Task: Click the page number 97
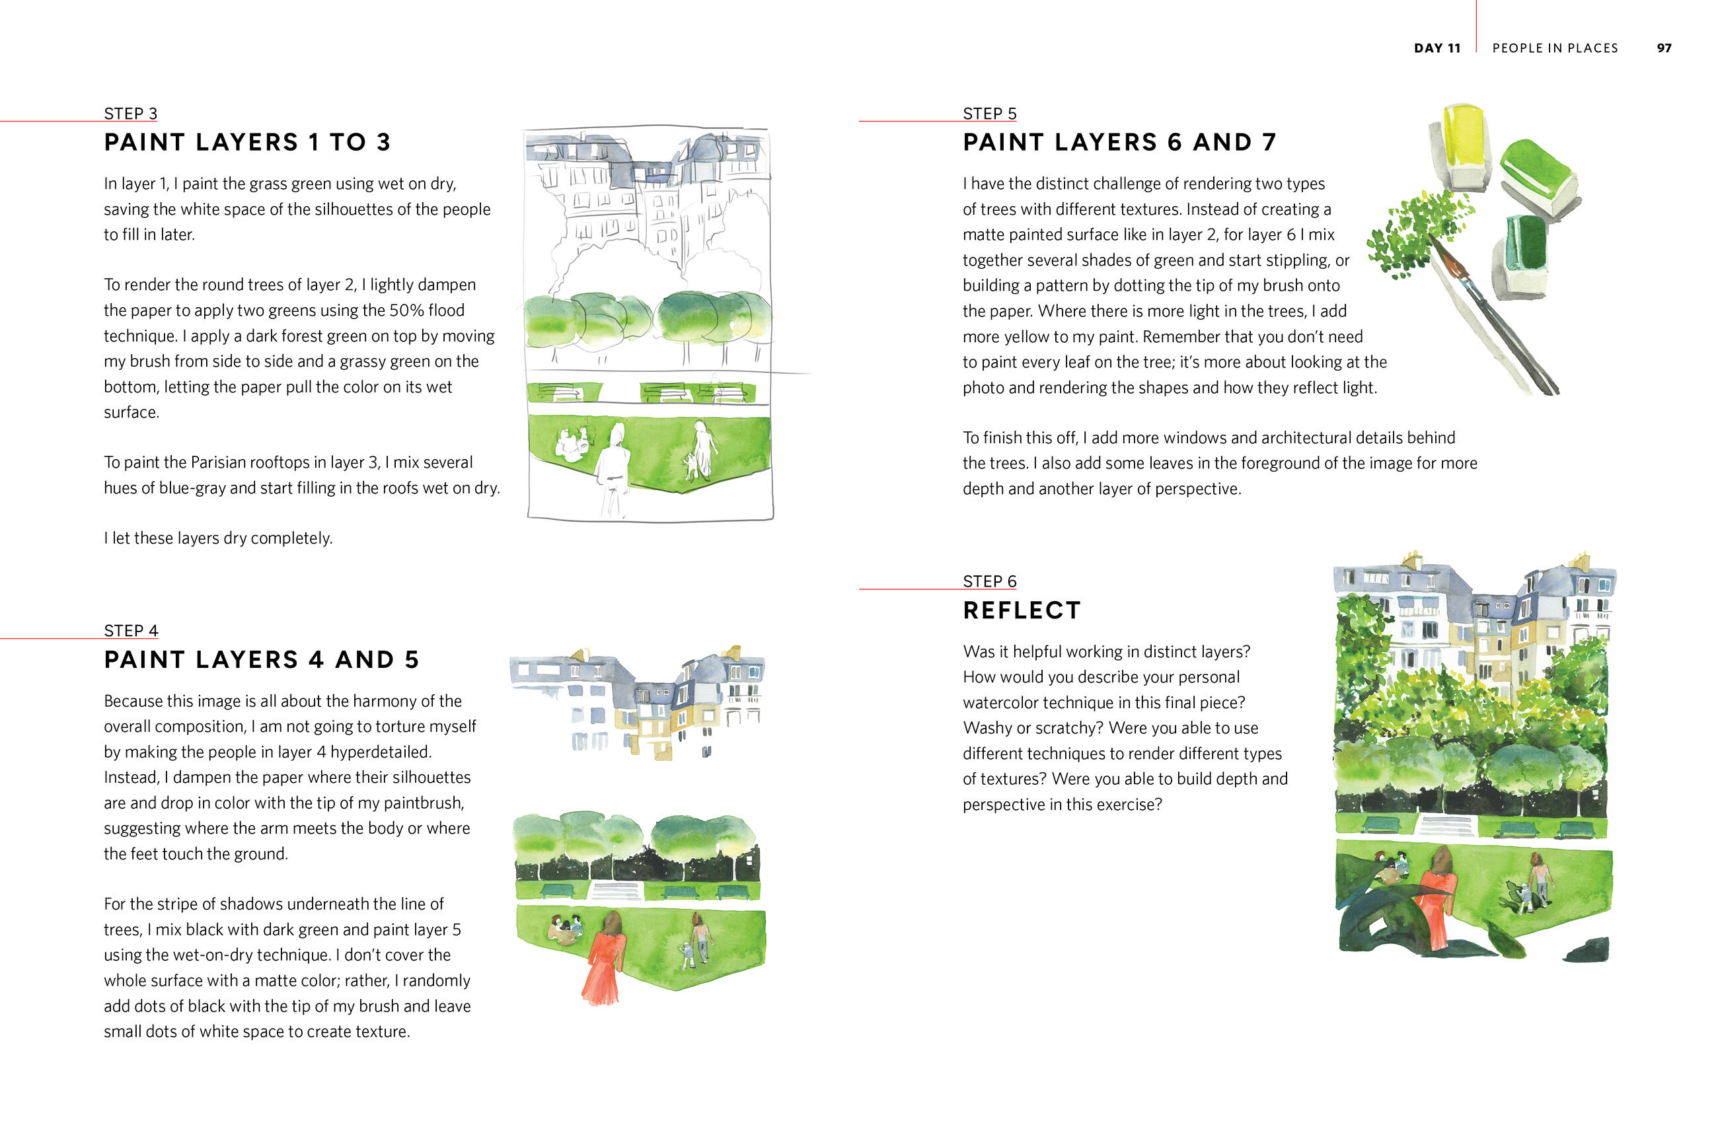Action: coord(1664,48)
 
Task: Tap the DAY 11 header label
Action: coord(1437,48)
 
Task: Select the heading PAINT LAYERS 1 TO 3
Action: coord(247,142)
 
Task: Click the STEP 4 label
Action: coord(131,631)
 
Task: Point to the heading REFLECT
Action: coord(1022,610)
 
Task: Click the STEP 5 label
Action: coord(989,114)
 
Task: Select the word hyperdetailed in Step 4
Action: coord(381,752)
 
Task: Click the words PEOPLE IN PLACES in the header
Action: coord(1555,48)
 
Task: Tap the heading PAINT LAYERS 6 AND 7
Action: coord(1119,142)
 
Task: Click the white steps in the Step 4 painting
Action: coord(616,890)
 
